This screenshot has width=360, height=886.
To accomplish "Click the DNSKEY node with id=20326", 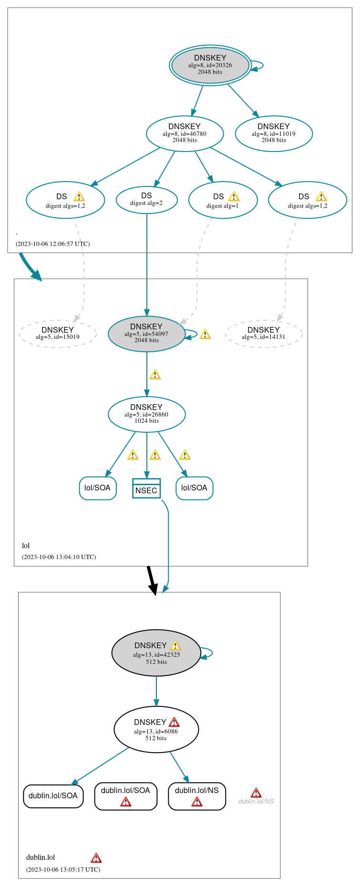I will tap(210, 65).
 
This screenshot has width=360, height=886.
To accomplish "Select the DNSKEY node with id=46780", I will tap(185, 133).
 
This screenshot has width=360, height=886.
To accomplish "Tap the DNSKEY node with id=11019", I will tap(274, 133).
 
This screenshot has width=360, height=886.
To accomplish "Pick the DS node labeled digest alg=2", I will tap(146, 199).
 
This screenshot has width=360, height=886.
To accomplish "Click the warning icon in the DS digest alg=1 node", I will tap(234, 196).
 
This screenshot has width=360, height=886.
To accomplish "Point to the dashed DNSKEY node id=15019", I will tap(58, 333).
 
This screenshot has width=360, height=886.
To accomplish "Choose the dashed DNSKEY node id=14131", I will tap(264, 333).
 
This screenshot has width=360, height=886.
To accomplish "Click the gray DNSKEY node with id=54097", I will tap(146, 334).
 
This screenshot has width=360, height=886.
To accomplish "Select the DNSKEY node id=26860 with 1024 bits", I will tap(146, 414).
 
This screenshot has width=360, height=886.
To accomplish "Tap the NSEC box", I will tap(146, 488).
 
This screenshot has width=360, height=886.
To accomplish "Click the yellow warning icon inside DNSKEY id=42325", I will tap(175, 646).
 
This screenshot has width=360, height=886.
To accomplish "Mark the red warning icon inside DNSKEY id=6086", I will tap(174, 722).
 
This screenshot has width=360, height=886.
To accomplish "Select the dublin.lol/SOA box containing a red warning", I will tap(125, 796).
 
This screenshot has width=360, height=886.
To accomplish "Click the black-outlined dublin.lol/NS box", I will tap(197, 796).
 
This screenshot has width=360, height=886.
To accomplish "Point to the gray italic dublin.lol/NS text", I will tap(256, 801).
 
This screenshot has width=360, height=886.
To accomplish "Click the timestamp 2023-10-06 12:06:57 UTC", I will tap(52, 244).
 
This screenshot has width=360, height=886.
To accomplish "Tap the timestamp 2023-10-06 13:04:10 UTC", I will tap(59, 557).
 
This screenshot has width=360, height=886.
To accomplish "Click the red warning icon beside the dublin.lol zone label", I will tap(96, 858).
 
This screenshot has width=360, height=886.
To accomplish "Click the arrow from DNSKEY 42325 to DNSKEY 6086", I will tap(156, 691).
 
